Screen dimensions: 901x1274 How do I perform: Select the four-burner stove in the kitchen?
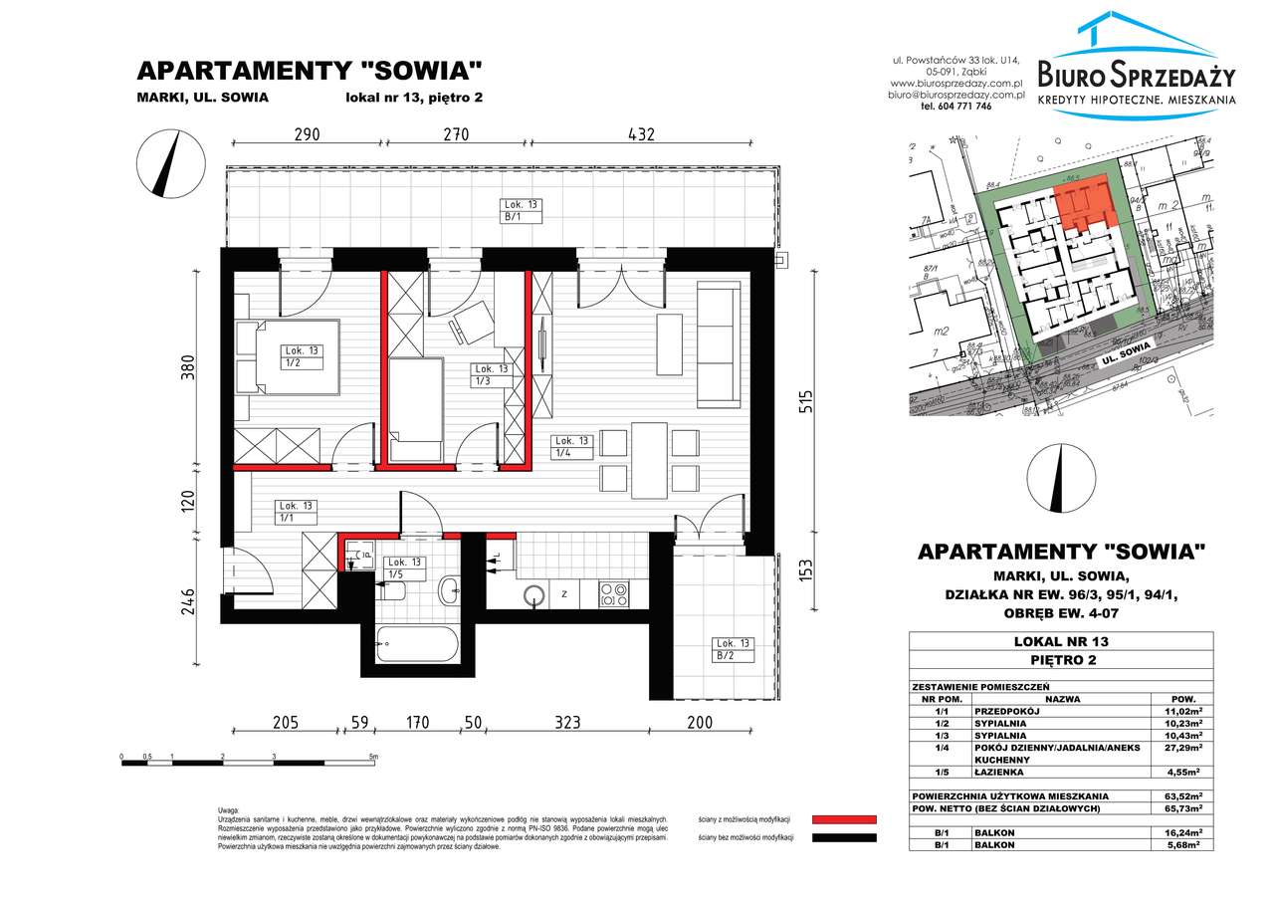(613, 594)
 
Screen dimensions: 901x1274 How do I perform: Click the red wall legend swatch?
(844, 818)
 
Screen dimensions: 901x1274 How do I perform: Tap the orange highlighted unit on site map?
(1084, 203)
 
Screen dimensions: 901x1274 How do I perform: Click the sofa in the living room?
(719, 343)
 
